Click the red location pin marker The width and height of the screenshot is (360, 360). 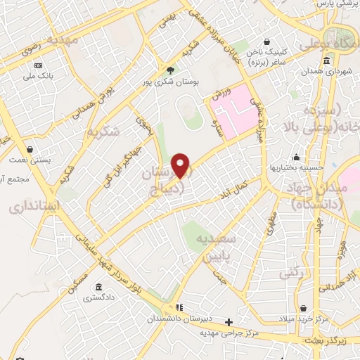(181, 166)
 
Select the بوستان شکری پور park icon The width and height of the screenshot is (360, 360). (170, 70)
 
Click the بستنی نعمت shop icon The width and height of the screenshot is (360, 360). (30, 149)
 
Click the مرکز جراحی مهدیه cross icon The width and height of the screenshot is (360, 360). (228, 322)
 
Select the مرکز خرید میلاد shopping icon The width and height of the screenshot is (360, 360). (303, 308)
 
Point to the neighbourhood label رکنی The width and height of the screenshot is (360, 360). (290, 271)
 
